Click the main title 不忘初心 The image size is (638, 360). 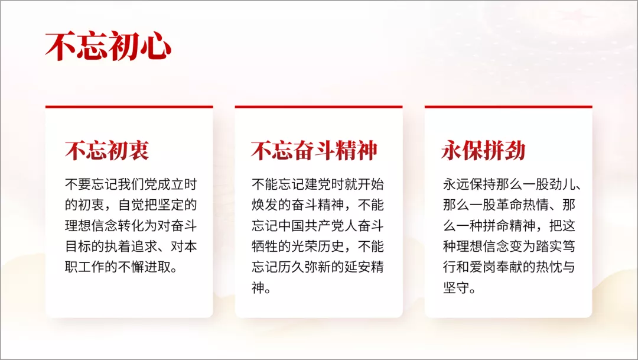[108, 46]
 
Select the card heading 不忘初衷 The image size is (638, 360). [107, 150]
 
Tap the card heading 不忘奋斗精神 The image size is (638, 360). [314, 150]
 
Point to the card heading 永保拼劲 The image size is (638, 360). [483, 150]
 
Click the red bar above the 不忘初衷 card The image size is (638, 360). [129, 107]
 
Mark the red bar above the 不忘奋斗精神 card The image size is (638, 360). [318, 107]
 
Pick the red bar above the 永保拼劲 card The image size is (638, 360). [508, 107]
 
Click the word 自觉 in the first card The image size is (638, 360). [131, 205]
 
